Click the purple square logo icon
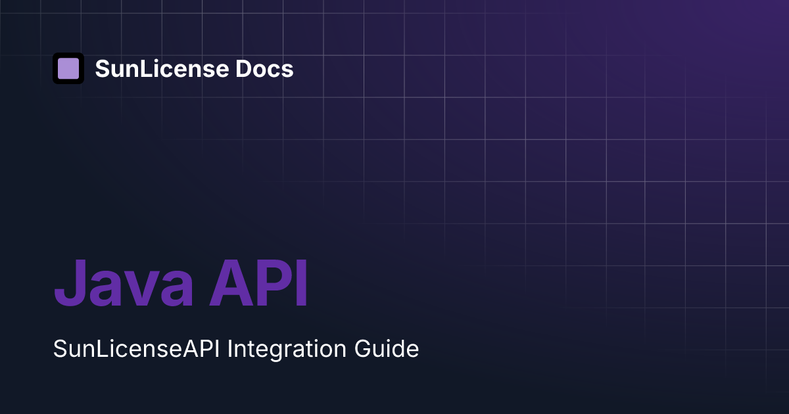(x=68, y=68)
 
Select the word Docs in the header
(x=264, y=68)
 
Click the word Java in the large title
(x=124, y=283)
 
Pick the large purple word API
(x=259, y=283)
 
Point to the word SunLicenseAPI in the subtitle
(x=137, y=348)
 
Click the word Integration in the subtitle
(x=287, y=350)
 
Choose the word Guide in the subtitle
(x=387, y=348)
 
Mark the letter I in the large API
(x=302, y=283)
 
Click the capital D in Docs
(x=245, y=68)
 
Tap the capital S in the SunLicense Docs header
(x=103, y=68)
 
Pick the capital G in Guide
(x=364, y=348)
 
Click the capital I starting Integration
(x=229, y=348)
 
